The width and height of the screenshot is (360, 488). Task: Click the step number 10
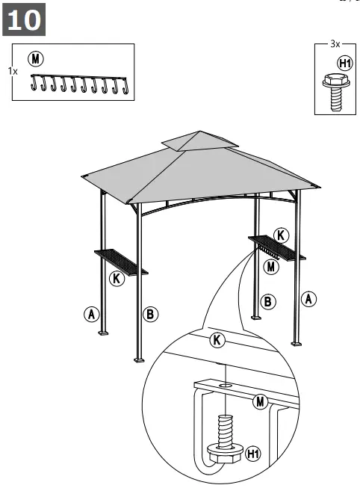click(25, 20)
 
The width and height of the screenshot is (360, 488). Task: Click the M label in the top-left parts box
click(35, 58)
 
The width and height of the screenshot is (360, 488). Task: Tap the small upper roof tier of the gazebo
click(197, 141)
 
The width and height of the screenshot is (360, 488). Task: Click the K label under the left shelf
click(116, 278)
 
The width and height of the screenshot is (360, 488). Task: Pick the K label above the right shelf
click(280, 235)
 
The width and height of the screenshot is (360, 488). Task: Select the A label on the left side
click(91, 314)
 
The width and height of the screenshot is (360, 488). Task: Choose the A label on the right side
click(308, 299)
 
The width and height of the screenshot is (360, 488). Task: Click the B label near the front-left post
click(150, 314)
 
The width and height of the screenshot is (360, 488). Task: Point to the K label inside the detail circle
click(217, 341)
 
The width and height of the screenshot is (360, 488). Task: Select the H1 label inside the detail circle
click(253, 454)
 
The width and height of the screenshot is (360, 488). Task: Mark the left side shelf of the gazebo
click(120, 261)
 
